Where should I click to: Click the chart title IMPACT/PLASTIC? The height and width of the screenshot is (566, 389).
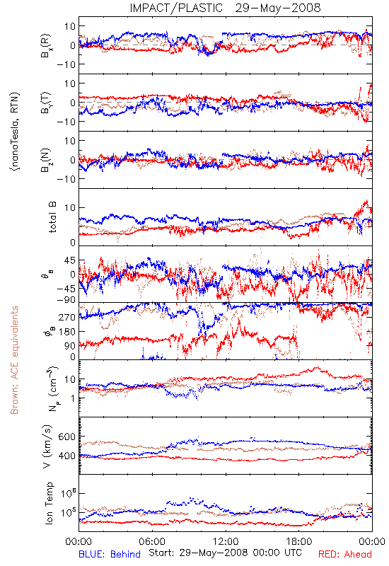click(176, 8)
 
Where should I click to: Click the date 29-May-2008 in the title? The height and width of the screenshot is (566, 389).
click(278, 8)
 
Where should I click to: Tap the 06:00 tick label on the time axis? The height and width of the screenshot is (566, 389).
click(152, 541)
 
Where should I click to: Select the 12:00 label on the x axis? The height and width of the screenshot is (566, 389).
click(226, 541)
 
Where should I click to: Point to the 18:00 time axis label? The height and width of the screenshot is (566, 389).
click(299, 541)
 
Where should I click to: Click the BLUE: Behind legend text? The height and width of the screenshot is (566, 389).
click(110, 554)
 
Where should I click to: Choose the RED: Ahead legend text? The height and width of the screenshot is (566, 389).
click(345, 554)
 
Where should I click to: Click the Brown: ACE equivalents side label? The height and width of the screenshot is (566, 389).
click(14, 360)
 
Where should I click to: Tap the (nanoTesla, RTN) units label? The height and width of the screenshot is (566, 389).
click(15, 132)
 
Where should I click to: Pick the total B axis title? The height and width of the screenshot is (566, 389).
click(52, 217)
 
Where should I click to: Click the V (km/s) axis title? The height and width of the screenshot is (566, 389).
click(47, 446)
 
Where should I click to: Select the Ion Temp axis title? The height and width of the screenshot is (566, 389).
click(49, 503)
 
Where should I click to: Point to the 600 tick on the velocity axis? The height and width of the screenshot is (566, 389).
click(67, 437)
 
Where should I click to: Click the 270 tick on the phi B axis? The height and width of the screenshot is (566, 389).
click(67, 317)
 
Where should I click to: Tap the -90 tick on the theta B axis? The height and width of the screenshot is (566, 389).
click(66, 300)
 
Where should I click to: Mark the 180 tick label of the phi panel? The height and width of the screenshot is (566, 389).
click(67, 331)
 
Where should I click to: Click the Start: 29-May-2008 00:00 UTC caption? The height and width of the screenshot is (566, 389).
click(225, 553)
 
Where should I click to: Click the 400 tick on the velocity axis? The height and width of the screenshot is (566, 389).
click(67, 456)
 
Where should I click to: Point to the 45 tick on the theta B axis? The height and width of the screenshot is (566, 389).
click(70, 260)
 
